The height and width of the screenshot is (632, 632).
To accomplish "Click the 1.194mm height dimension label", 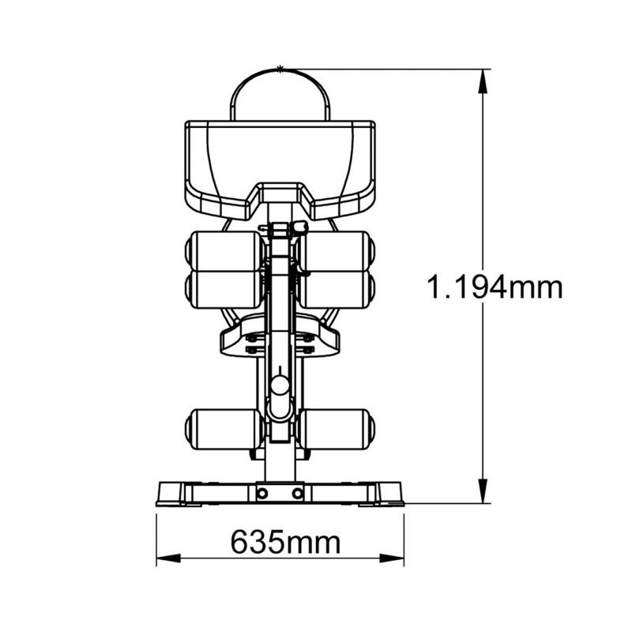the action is coord(495,287).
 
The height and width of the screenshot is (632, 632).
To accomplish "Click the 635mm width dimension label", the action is coord(285,542).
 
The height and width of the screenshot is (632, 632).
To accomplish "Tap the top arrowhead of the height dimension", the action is coord(483,81).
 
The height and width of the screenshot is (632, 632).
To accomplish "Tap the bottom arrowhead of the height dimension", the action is coord(483,491).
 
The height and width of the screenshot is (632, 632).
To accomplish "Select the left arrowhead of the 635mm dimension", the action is coord(168,559).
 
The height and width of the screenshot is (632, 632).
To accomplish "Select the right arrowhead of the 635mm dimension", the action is coord(392,559).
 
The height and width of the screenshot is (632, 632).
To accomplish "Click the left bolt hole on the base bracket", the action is coord(262,493).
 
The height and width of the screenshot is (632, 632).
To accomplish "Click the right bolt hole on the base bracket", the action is coord(298,493).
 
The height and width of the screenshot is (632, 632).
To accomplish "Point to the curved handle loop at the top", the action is coord(280,70).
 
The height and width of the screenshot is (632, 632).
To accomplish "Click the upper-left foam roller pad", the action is coord(226,250).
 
